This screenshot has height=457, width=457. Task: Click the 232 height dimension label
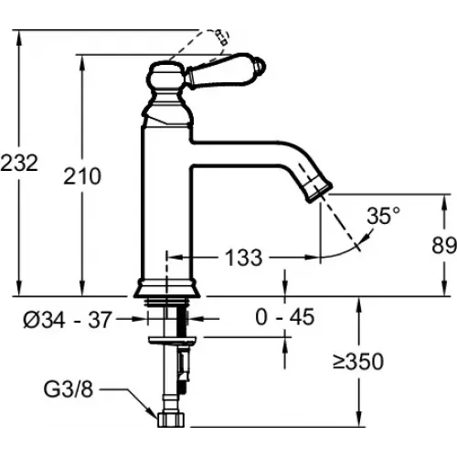[x=19, y=163]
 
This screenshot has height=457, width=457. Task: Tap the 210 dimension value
[x=82, y=176]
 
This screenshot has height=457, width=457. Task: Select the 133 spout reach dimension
[x=244, y=258]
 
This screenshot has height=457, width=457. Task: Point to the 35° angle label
[x=383, y=216]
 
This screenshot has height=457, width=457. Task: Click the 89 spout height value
[x=444, y=245]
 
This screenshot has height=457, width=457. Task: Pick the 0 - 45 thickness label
[x=285, y=317]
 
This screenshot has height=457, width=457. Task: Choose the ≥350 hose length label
[x=358, y=361]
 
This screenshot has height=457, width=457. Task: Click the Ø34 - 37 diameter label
[x=67, y=320]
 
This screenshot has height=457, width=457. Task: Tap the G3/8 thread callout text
[x=69, y=389]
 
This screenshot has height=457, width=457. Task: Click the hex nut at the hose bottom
[x=171, y=420]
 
